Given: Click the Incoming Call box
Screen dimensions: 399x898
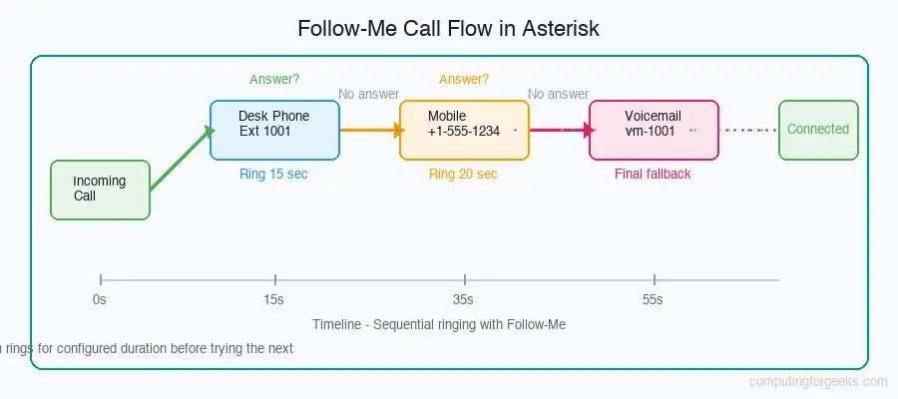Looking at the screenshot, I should pos(100,190).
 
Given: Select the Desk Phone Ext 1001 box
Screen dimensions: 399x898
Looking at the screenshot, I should pos(274,130).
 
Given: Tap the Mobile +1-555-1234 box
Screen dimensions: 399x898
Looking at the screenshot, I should pos(464,130).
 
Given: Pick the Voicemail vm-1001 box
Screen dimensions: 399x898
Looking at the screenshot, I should pos(653,130).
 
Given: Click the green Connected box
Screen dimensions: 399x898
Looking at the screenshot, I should pos(817,130).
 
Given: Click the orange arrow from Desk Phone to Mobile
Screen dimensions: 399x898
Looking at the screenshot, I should pos(369,130).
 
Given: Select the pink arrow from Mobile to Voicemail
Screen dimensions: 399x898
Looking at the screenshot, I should pos(559,130).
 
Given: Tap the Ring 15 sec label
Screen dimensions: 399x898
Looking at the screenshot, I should pos(273,174).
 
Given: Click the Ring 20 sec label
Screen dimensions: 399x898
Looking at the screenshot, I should pos(463,174).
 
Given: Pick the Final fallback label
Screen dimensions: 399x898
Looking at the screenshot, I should pos(653,174).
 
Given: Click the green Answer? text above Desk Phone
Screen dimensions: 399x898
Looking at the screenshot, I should pos(273,79).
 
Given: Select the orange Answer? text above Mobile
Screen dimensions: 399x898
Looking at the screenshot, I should pos(463,79).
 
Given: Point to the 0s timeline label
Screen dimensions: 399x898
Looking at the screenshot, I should pos(99,298).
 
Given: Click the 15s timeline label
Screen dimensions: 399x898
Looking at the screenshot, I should pos(273,298).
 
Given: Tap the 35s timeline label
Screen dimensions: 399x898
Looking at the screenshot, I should pos(463,298).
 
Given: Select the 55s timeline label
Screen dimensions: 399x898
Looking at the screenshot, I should pos(653,298).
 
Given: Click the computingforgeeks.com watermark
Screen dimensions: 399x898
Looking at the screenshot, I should pos(817,381).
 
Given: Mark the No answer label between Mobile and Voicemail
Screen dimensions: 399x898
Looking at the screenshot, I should pos(558,94).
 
